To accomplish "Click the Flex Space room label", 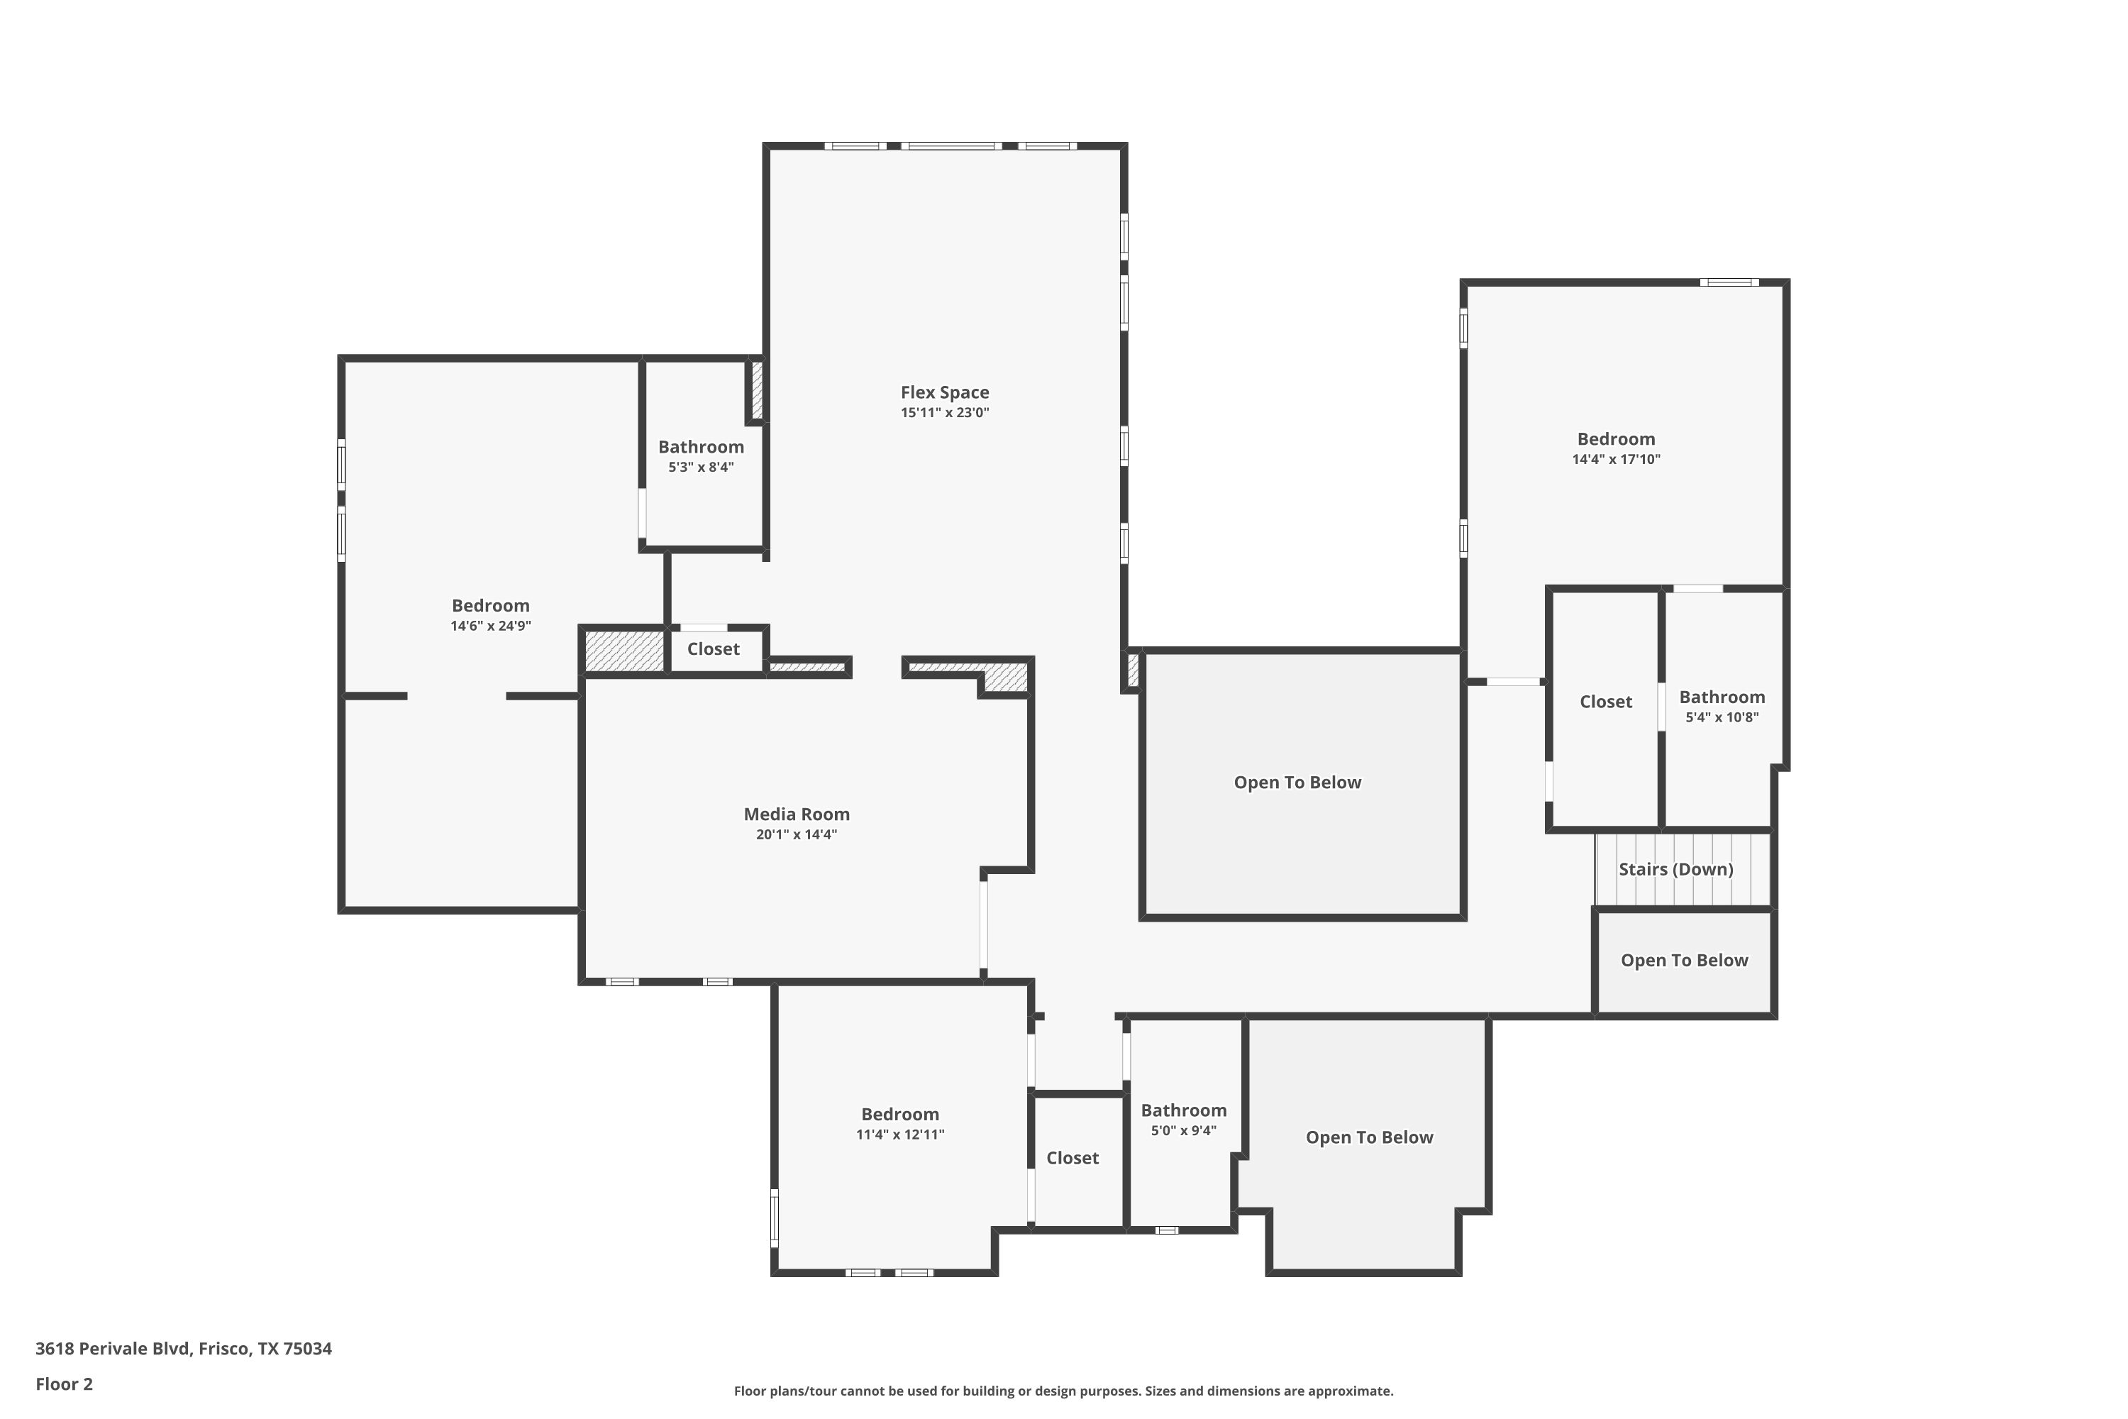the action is pyautogui.click(x=945, y=392).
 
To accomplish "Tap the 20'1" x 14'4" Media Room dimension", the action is pyautogui.click(x=796, y=834).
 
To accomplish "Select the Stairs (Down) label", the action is pyautogui.click(x=1675, y=868).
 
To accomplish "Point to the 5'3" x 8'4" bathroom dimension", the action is pyautogui.click(x=702, y=467).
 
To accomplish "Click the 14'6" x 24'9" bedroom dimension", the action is pyautogui.click(x=490, y=625).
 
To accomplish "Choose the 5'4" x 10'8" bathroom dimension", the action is pyautogui.click(x=1722, y=717).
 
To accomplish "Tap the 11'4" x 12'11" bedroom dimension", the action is pyautogui.click(x=900, y=1134).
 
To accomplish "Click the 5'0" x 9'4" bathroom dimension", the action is pyautogui.click(x=1183, y=1130).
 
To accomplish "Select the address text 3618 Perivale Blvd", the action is pyautogui.click(x=112, y=1349).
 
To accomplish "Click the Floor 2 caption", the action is pyautogui.click(x=65, y=1384).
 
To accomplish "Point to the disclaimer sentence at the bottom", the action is pyautogui.click(x=1063, y=1391).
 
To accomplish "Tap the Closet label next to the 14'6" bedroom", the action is pyautogui.click(x=713, y=649).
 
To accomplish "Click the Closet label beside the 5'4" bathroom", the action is pyautogui.click(x=1606, y=702).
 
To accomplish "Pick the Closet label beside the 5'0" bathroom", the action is pyautogui.click(x=1072, y=1157).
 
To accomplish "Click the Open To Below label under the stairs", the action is pyautogui.click(x=1684, y=960).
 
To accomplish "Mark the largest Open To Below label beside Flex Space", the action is pyautogui.click(x=1297, y=782).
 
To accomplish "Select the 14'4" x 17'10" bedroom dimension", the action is pyautogui.click(x=1616, y=459).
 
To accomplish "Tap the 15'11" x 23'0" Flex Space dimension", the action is pyautogui.click(x=945, y=413).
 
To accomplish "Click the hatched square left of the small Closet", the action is pyautogui.click(x=624, y=651).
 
